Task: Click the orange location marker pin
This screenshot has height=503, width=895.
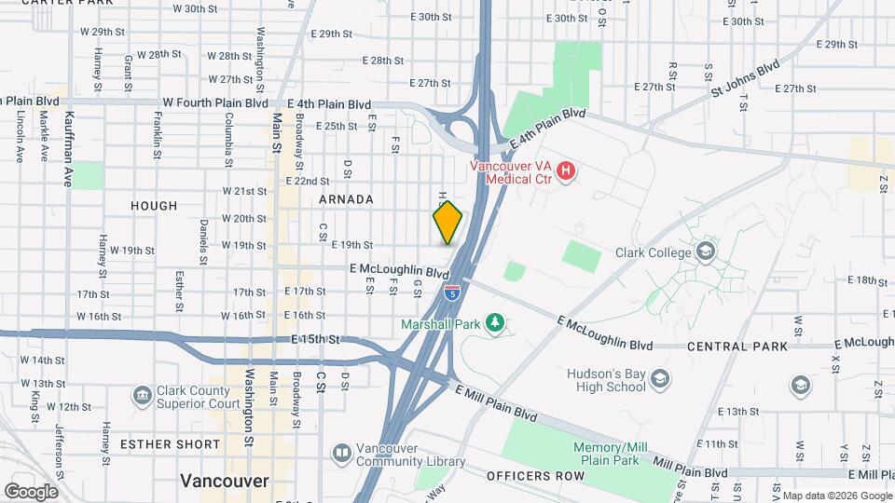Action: click(447, 223)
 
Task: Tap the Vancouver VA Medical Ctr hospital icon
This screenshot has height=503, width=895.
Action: click(565, 171)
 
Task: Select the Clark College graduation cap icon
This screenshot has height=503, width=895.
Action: click(707, 251)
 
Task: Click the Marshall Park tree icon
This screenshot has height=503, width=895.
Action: click(496, 323)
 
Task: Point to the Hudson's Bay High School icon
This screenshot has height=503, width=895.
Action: click(660, 378)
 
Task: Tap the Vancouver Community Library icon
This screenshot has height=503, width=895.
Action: click(341, 454)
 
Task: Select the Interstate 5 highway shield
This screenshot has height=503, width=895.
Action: click(452, 293)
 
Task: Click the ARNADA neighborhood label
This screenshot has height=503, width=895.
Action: click(346, 199)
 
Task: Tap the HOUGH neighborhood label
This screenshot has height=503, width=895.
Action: click(154, 206)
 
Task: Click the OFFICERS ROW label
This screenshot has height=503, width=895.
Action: click(535, 476)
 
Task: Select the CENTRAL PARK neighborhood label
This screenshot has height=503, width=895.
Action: click(737, 347)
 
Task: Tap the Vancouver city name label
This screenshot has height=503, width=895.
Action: click(224, 481)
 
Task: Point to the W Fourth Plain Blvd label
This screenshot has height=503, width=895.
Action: click(213, 102)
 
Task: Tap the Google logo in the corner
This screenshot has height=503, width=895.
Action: click(31, 491)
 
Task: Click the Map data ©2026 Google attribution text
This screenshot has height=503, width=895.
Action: click(836, 495)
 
